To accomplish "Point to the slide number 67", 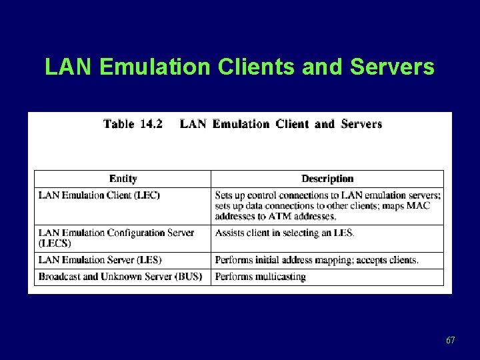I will pos(451,341).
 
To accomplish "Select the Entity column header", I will pos(123,179).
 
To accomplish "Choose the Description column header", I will pos(327,179).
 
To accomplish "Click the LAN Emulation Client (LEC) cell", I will pos(99,195).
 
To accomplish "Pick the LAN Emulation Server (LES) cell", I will pos(100,260).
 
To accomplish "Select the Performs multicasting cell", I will pos(260,277).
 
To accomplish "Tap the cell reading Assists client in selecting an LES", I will pos(285,233).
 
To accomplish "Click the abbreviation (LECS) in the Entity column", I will pos(55,243).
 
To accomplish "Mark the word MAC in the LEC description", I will pos(418,205).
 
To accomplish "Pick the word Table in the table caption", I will pos(119,124).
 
